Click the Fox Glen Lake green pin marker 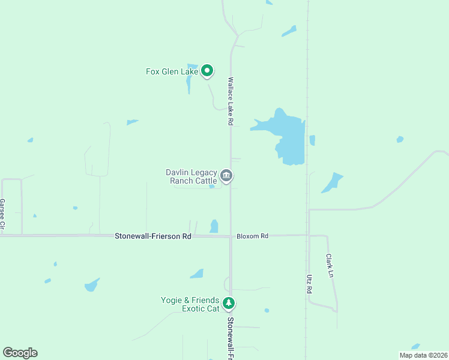pyautogui.click(x=207, y=71)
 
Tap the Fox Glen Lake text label pyautogui.click(x=172, y=71)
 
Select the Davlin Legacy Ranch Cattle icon pyautogui.click(x=226, y=176)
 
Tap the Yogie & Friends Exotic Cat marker pyautogui.click(x=228, y=304)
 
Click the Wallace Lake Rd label pyautogui.click(x=230, y=100)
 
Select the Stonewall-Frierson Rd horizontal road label pyautogui.click(x=152, y=236)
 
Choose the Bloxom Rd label pyautogui.click(x=252, y=236)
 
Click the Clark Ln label pyautogui.click(x=329, y=265)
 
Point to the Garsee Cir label pyautogui.click(x=2, y=215)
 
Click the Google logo pyautogui.click(x=20, y=353)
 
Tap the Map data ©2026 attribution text pyautogui.click(x=423, y=355)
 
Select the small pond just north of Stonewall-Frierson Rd pyautogui.click(x=214, y=226)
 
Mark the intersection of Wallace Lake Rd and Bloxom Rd pyautogui.click(x=231, y=236)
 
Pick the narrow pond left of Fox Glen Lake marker pyautogui.click(x=189, y=81)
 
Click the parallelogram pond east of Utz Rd pyautogui.click(x=331, y=182)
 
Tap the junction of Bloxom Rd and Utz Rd pyautogui.click(x=309, y=235)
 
